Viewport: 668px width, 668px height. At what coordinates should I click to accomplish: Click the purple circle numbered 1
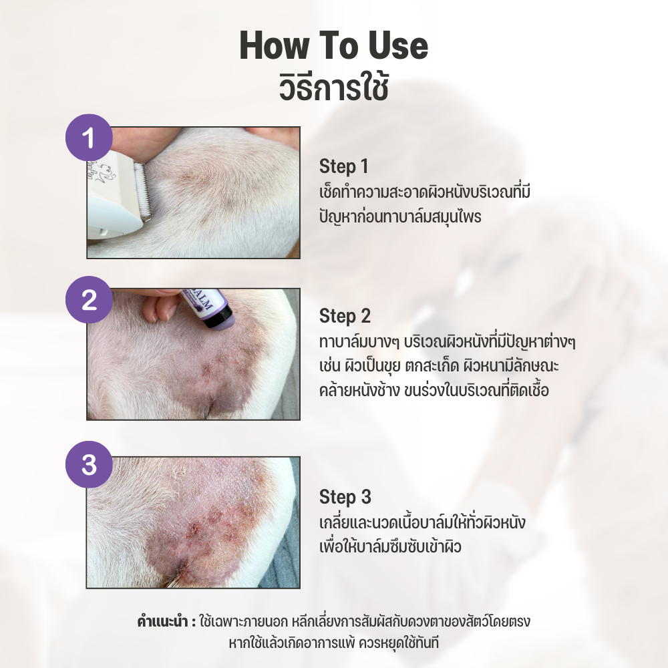89,138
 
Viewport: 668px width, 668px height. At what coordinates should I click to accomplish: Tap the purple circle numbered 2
89,299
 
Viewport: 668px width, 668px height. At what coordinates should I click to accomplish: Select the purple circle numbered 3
89,464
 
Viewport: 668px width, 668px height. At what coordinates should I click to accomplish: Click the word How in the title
273,45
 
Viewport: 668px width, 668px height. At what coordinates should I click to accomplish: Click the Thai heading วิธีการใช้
333,88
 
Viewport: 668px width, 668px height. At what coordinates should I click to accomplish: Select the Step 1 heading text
343,166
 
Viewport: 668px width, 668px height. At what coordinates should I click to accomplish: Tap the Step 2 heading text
345,316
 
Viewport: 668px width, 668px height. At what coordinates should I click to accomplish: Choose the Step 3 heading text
345,497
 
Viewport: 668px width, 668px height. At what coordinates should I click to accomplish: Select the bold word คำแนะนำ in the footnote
162,621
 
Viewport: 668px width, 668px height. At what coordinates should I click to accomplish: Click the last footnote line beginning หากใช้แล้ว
333,643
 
